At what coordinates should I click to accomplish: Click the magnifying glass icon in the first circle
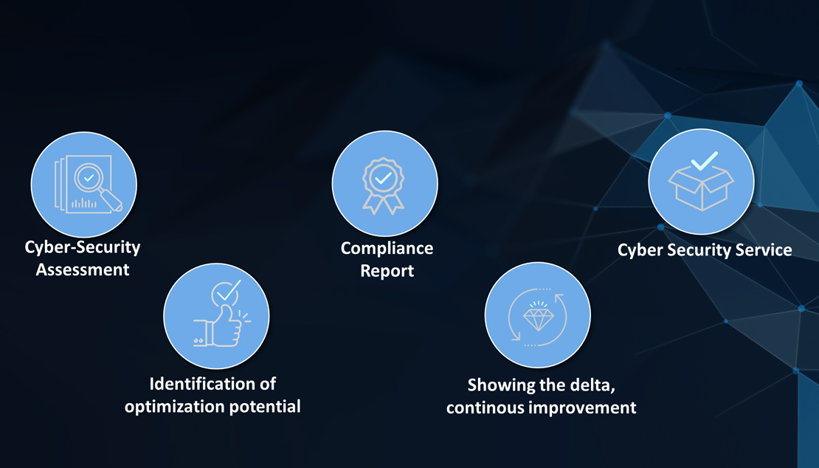(x=97, y=185)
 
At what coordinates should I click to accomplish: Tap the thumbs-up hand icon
(x=219, y=326)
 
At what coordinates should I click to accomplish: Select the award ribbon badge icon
(x=384, y=185)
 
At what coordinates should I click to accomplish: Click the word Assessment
(x=83, y=269)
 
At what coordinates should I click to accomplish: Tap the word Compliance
(x=387, y=248)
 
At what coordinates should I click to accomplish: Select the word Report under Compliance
(x=387, y=271)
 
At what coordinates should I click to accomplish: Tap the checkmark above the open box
(x=704, y=160)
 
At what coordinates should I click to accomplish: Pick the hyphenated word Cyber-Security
(x=83, y=247)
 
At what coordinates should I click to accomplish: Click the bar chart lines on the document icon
(x=83, y=203)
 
